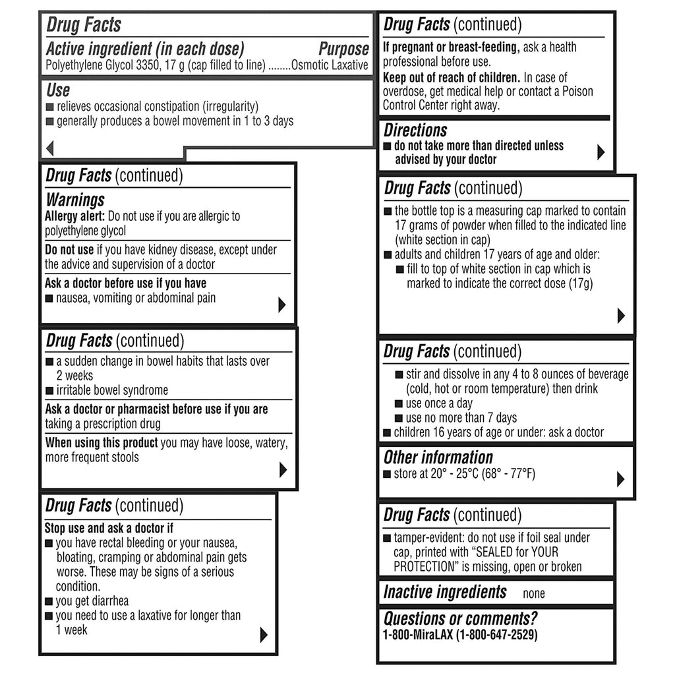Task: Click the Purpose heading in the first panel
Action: (x=343, y=49)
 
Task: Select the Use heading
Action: (x=58, y=90)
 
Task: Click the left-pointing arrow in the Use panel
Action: (x=49, y=148)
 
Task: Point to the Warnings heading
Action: (x=74, y=200)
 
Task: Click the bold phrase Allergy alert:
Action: (x=74, y=216)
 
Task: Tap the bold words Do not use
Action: (x=69, y=250)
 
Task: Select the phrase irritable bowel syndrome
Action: (x=112, y=390)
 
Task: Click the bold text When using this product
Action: (x=102, y=443)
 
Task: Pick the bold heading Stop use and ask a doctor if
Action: (x=109, y=528)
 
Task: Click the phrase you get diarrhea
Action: (x=92, y=601)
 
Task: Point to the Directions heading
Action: (x=415, y=131)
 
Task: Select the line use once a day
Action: (x=439, y=403)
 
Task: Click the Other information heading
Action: (x=438, y=457)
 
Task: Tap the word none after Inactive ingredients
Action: (x=533, y=593)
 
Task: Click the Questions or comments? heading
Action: (x=460, y=619)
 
